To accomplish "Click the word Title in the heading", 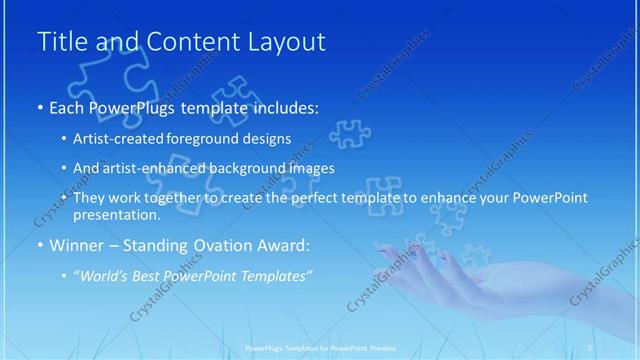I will pos(60,42).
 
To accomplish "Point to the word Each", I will pos(66,106).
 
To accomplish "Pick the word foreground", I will pos(211,138).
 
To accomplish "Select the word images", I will pos(311,168).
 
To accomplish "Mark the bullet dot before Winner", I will pos(39,244).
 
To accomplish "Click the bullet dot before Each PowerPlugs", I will pos(39,107).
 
